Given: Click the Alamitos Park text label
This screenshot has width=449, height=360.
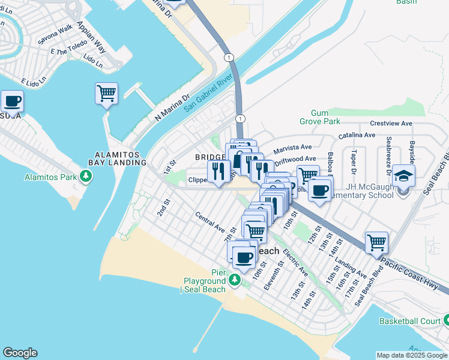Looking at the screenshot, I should coord(51,177).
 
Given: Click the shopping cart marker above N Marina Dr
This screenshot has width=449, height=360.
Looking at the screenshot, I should coord(106,94).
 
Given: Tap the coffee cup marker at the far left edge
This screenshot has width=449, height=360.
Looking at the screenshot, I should coord(12,101).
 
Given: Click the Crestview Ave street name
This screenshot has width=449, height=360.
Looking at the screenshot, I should coord(391,123).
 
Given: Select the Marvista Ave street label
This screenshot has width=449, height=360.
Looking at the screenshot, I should coord(293,147).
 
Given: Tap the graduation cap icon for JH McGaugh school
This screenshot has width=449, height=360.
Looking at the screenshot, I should coord(405,176).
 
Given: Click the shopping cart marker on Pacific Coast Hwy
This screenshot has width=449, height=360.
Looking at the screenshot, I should coord(376,242).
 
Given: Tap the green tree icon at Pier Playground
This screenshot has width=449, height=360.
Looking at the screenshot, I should coord(235,280).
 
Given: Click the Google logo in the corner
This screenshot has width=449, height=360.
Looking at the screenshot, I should coord(20,353).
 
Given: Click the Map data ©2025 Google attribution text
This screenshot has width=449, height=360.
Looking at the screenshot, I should coord(412,355).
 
